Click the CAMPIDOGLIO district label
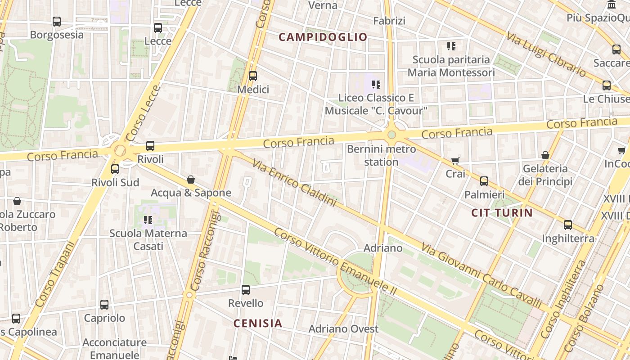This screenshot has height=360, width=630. pos(323,37)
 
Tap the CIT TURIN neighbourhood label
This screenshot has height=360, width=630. pos(502,213)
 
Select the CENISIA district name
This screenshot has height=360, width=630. pos(258,323)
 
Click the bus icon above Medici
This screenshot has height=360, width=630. pos(253,76)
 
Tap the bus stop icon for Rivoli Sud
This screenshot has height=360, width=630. pos(115,169)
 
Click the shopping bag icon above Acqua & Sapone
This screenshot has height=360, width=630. pos(191,180)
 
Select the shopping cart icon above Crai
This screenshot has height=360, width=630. pos(455,161)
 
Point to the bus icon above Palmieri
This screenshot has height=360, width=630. pos(484,181)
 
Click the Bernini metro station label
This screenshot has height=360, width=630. pos(381,155)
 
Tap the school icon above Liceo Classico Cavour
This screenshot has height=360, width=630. pos(376,84)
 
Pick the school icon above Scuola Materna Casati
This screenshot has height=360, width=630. pos(148,220)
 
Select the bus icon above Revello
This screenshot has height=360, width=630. pos(246,289)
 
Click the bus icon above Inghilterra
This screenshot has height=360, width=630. pos(568,225)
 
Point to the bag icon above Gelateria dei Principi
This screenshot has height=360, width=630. pos(545,155)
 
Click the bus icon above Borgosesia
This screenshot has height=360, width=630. pos(57,21)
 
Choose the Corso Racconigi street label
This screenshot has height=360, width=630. pos(205,252)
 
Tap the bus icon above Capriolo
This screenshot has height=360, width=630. pos(104,305)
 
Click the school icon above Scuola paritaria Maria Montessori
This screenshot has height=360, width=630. pos(451,46)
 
